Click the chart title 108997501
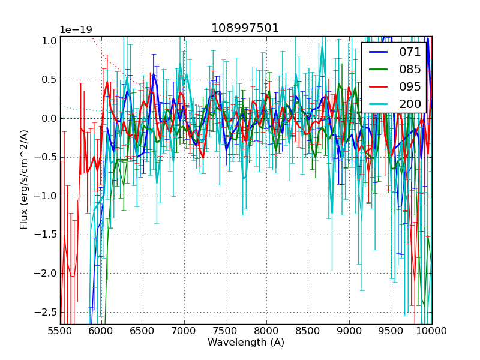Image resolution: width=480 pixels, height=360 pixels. pyautogui.click(x=245, y=28)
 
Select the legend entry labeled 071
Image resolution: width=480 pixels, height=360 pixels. pyautogui.click(x=410, y=52)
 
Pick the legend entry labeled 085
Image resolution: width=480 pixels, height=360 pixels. pyautogui.click(x=410, y=69)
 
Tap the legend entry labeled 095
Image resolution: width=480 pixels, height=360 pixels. pyautogui.click(x=410, y=86)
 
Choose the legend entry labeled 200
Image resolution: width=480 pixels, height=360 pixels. pyautogui.click(x=410, y=104)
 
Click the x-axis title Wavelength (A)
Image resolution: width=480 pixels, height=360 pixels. pyautogui.click(x=246, y=343)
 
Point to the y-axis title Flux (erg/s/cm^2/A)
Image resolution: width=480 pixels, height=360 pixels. pyautogui.click(x=25, y=180)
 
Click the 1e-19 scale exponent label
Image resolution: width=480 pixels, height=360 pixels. pyautogui.click(x=76, y=30)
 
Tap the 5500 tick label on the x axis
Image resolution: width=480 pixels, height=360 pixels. pyautogui.click(x=60, y=331)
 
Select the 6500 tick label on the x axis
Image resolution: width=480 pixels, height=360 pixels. pyautogui.click(x=143, y=331)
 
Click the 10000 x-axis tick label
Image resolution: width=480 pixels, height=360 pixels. pyautogui.click(x=431, y=331)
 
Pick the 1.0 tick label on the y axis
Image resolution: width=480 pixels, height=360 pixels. pyautogui.click(x=49, y=41)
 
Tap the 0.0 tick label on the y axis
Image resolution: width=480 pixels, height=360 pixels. pyautogui.click(x=49, y=118)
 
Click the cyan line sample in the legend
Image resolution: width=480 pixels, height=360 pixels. pyautogui.click(x=377, y=104)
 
